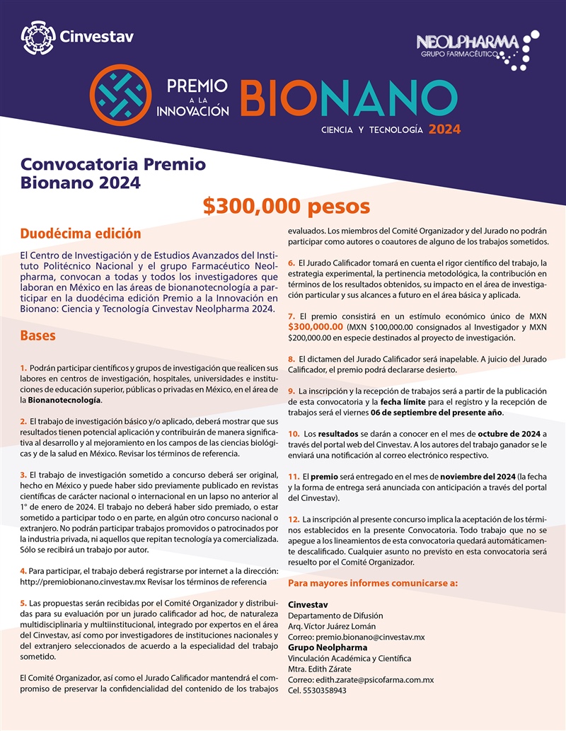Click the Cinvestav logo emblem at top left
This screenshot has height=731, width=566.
(x=37, y=35)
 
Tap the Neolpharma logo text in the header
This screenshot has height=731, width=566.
(x=467, y=42)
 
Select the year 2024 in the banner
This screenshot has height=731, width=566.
(x=444, y=129)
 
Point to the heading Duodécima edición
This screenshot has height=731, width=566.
(x=81, y=234)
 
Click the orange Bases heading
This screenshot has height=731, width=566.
(x=38, y=335)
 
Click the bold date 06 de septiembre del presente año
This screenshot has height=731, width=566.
(x=442, y=412)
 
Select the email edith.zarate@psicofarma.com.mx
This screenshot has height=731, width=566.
(x=374, y=680)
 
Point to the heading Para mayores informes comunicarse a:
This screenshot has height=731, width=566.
(x=373, y=584)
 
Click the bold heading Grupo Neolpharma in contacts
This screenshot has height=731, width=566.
(x=328, y=647)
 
